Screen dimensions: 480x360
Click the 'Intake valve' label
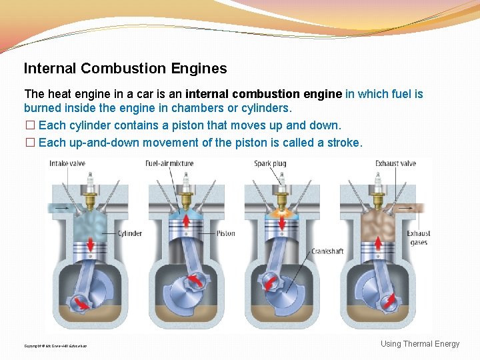[x=68, y=163]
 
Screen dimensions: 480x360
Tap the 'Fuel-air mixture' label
[x=169, y=163]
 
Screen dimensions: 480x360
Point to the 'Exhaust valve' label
[x=395, y=163]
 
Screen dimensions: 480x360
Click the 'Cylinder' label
[x=129, y=233]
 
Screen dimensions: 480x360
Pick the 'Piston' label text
[x=225, y=233]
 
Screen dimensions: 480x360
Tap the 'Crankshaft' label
[x=327, y=251]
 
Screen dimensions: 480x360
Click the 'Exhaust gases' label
[x=419, y=238]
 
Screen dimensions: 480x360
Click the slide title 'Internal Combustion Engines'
[x=125, y=68]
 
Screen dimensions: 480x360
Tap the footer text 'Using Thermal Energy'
[x=420, y=344]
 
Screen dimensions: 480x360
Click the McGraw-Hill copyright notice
[x=55, y=346]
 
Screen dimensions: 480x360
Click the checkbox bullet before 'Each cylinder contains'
[x=29, y=125]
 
